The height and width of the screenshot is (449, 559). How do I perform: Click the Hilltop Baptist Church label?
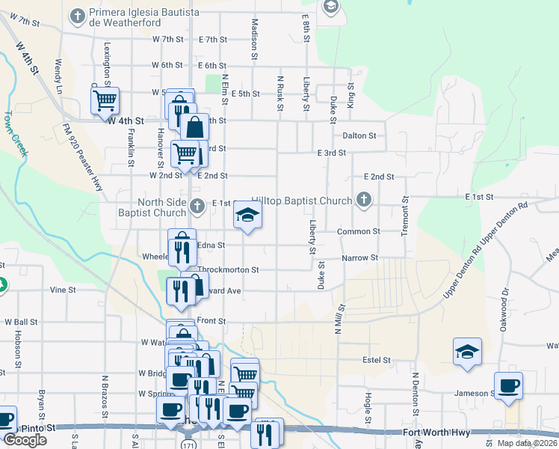coord(301,201)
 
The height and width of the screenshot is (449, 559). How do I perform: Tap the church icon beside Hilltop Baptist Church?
coord(364,200)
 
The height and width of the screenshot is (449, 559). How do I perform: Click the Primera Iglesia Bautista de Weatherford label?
coord(143,19)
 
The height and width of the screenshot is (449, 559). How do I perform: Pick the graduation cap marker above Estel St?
coord(467,352)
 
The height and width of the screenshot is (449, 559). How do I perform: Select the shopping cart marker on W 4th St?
coord(105,99)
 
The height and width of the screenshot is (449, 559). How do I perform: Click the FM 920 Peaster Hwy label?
coord(81,159)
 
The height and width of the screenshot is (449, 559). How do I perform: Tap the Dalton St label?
coord(359,135)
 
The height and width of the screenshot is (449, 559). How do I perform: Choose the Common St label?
coord(359,232)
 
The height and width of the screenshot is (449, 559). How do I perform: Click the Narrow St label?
coord(359,257)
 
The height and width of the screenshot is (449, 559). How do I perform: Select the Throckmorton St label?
coord(228,269)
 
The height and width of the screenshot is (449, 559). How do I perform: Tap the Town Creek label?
coord(16,134)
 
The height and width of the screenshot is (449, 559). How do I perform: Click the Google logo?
coord(25,440)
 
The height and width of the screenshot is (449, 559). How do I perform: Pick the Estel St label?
coord(376,360)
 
